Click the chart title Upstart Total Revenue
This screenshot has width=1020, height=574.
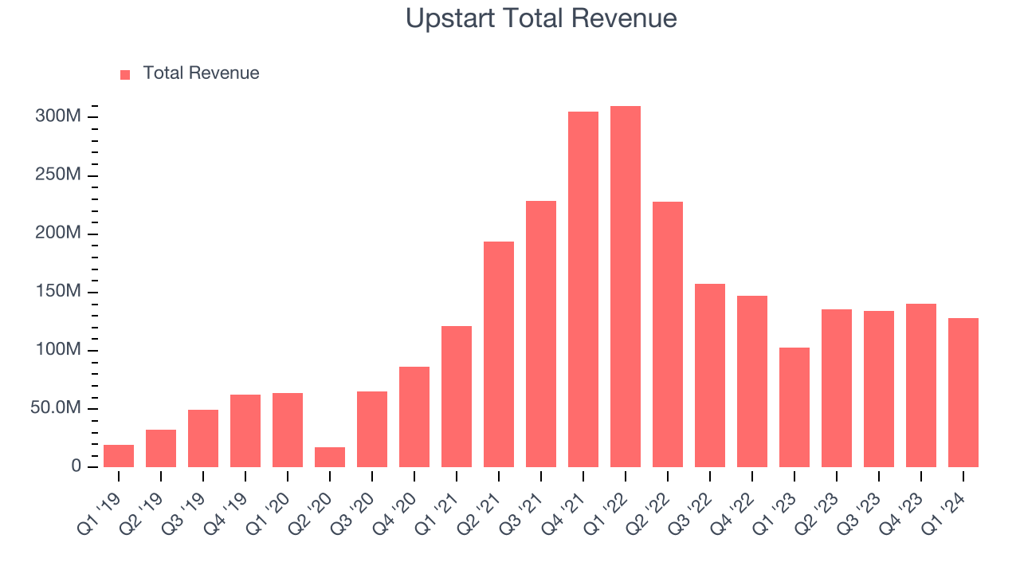541,18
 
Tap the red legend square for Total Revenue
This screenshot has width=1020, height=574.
125,75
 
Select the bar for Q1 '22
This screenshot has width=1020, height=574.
626,287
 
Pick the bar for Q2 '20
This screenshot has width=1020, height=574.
330,458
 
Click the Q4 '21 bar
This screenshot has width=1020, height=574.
583,289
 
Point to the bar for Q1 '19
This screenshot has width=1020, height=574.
119,456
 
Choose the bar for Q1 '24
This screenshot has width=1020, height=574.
963,392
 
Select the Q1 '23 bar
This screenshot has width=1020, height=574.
794,407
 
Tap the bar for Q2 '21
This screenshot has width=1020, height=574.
499,354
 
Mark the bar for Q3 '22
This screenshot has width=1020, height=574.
710,375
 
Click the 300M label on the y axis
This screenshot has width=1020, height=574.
58,117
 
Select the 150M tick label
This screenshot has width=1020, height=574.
58,292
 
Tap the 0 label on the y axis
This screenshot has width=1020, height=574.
76,466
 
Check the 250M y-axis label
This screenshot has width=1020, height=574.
58,175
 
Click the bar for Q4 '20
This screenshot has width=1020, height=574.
414,417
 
